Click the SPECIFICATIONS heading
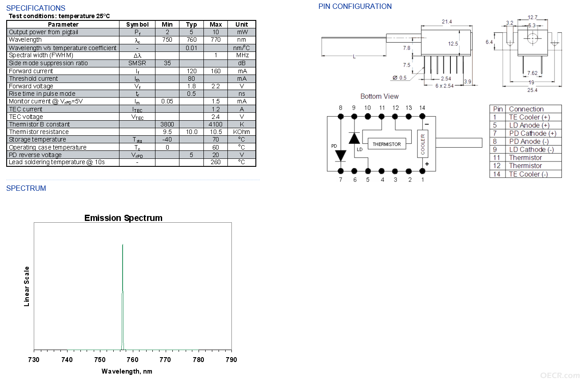pos(36,8)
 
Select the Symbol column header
pos(137,24)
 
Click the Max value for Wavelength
pos(216,39)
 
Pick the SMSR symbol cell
pos(137,63)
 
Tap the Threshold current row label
pos(33,79)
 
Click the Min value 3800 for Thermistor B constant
pos(167,124)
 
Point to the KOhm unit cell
pos(242,132)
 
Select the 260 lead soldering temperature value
pos(216,162)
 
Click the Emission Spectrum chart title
pos(123,218)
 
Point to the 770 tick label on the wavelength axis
pos(165,359)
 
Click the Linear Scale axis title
pos(27,286)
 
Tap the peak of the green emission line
pos(123,244)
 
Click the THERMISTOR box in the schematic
pos(387,144)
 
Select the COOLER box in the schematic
pos(422,144)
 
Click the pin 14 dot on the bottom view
pos(422,116)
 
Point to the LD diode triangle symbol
pos(354,138)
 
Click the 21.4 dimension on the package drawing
pos(447,22)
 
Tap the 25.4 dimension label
pos(532,90)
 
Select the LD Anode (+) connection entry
pos(529,125)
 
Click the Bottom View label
pos(379,96)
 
